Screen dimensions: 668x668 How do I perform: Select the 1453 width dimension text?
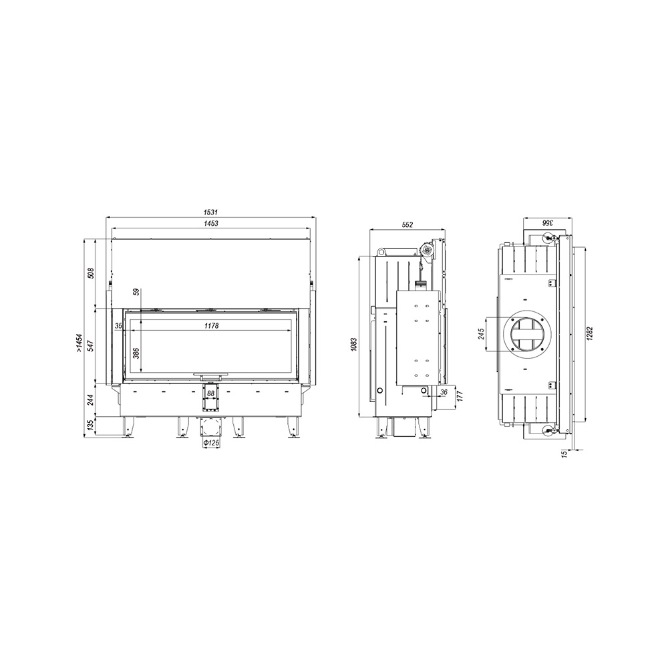(x=211, y=223)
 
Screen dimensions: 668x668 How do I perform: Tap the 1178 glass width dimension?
(x=211, y=326)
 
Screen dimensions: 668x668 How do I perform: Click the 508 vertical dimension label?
(x=90, y=273)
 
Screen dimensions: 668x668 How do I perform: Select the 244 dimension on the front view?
(x=90, y=400)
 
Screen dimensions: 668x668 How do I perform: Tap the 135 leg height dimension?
(x=90, y=426)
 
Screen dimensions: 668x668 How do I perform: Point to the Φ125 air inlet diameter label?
(x=211, y=444)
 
